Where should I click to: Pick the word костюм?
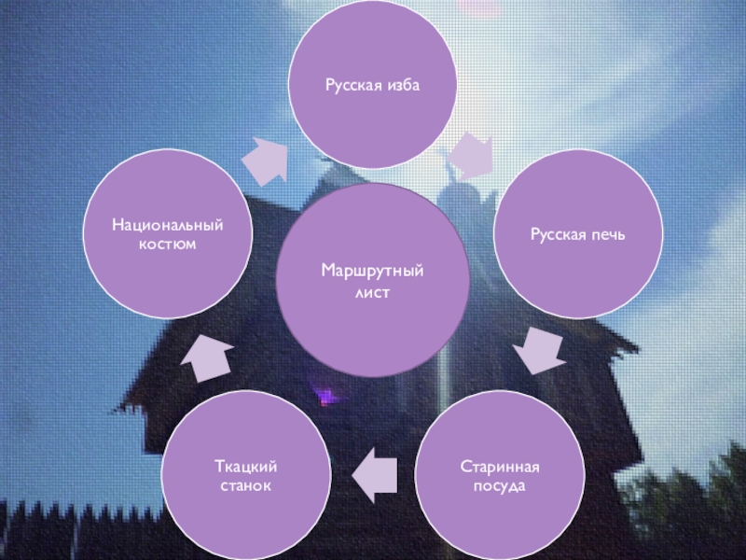(169, 245)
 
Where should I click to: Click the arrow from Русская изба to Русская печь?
(472, 155)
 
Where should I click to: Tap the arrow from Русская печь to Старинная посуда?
(540, 350)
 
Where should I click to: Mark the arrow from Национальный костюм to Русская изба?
(267, 160)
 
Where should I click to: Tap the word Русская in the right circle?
(559, 230)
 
